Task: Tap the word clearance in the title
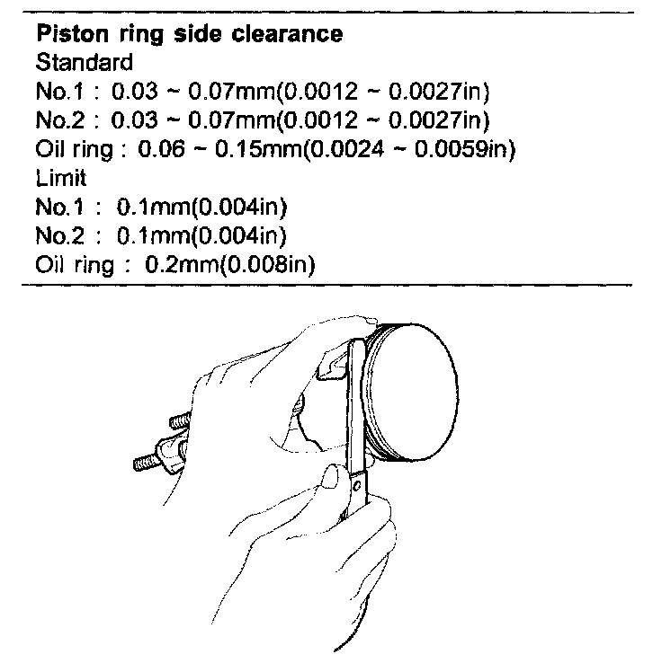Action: (287, 36)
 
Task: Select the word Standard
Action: (84, 64)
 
